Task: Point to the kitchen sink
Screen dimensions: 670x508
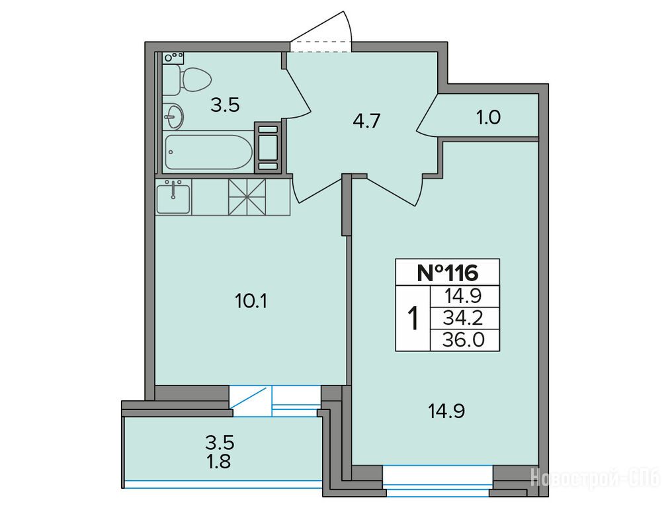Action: pyautogui.click(x=173, y=196)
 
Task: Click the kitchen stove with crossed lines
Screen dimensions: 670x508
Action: pyautogui.click(x=247, y=196)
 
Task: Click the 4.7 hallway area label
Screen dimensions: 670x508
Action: pyautogui.click(x=366, y=121)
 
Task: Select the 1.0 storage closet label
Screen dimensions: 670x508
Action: pyautogui.click(x=488, y=118)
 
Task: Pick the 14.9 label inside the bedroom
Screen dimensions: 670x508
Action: pyautogui.click(x=446, y=411)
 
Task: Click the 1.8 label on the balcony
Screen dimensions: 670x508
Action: pyautogui.click(x=220, y=462)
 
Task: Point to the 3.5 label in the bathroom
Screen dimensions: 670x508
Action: pyautogui.click(x=225, y=105)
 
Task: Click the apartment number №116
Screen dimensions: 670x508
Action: pyautogui.click(x=447, y=273)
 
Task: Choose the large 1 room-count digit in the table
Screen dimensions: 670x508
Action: pyautogui.click(x=413, y=318)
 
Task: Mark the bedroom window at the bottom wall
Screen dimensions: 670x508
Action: pyautogui.click(x=438, y=481)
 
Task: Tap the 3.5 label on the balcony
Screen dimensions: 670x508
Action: pyautogui.click(x=220, y=443)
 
